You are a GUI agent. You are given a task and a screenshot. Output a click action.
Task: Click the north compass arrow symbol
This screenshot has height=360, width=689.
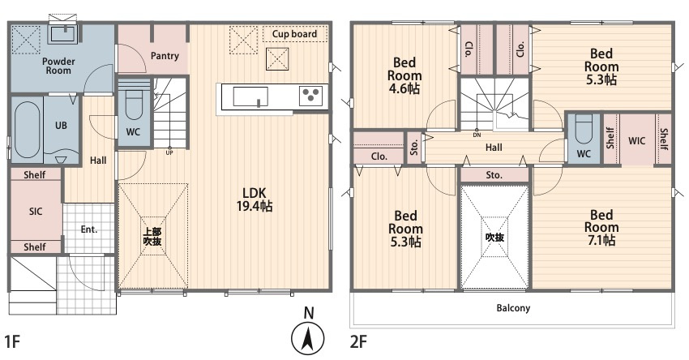pyautogui.click(x=309, y=339)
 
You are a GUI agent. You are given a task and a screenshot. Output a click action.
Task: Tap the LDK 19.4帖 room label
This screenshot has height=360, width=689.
pyautogui.click(x=255, y=199)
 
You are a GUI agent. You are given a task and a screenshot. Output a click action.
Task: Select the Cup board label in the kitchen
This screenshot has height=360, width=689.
pyautogui.click(x=294, y=34)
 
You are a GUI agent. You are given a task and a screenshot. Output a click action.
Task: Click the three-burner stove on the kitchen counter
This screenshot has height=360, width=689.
pyautogui.click(x=310, y=96)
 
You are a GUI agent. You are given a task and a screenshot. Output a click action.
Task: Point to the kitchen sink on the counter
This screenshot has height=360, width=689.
pyautogui.click(x=250, y=96)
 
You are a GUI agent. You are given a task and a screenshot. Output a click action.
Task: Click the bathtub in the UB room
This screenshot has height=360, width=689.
pyautogui.click(x=27, y=130)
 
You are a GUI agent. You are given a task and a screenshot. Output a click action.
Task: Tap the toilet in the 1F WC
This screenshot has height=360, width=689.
pyautogui.click(x=134, y=105)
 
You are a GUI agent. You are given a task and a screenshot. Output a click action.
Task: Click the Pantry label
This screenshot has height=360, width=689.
pyautogui.click(x=165, y=56)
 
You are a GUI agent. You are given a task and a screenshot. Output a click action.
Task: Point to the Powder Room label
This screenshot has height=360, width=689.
pyautogui.click(x=58, y=66)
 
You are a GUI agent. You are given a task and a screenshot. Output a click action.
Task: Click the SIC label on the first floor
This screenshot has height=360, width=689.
pyautogui.click(x=36, y=212)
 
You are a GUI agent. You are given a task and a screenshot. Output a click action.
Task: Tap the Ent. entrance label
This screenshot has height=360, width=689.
pyautogui.click(x=89, y=229)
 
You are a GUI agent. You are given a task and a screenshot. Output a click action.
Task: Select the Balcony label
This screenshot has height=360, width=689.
pyautogui.click(x=513, y=308)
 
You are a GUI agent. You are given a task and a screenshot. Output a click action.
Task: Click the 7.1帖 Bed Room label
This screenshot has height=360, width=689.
pyautogui.click(x=601, y=228)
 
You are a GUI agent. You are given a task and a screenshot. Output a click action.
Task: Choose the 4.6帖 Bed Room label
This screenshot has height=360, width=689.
pyautogui.click(x=404, y=75)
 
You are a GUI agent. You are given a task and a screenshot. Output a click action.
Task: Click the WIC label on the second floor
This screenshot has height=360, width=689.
pyautogui.click(x=636, y=140)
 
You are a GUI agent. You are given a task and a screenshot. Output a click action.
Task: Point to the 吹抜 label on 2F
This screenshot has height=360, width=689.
pyautogui.click(x=494, y=238)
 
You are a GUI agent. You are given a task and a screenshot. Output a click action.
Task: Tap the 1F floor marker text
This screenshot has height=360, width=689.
pyautogui.click(x=13, y=341)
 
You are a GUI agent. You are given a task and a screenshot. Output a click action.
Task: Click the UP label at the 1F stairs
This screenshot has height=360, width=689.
pyautogui.click(x=169, y=153)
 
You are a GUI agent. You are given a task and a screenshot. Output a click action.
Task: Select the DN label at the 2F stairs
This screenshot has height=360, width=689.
pyautogui.click(x=477, y=135)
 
